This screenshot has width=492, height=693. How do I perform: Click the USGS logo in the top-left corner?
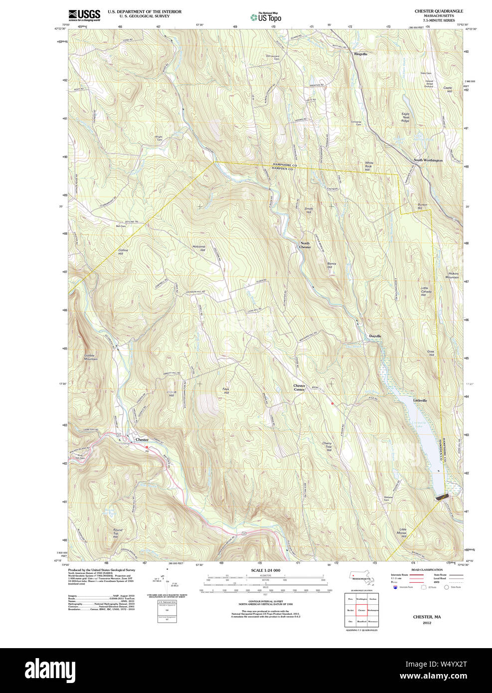tap(84, 15)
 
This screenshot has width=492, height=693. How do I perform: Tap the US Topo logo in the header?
tap(266, 17)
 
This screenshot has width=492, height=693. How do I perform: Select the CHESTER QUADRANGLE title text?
tap(439, 11)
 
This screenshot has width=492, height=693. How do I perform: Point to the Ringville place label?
tap(360, 54)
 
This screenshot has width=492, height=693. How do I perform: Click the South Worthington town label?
tap(428, 161)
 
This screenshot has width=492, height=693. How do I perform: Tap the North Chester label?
tap(305, 245)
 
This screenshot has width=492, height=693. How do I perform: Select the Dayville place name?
tap(375, 337)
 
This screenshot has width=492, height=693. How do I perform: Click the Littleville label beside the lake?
tap(420, 400)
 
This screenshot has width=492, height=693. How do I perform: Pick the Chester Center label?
tap(299, 387)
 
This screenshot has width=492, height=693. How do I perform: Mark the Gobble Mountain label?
tap(91, 357)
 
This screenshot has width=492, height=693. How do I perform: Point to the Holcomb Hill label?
tap(199, 248)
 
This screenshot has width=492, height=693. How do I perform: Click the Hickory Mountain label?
tap(453, 275)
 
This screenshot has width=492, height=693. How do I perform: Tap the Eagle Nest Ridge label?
tap(405, 117)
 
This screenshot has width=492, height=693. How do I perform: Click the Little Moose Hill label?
tap(402, 532)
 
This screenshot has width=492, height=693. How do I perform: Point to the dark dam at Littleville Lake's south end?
tap(442, 497)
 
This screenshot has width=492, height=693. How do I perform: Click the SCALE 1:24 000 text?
tap(265, 570)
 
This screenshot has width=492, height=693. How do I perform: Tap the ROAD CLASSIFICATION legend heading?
tap(427, 569)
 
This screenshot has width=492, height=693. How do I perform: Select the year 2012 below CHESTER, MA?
tap(427, 623)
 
